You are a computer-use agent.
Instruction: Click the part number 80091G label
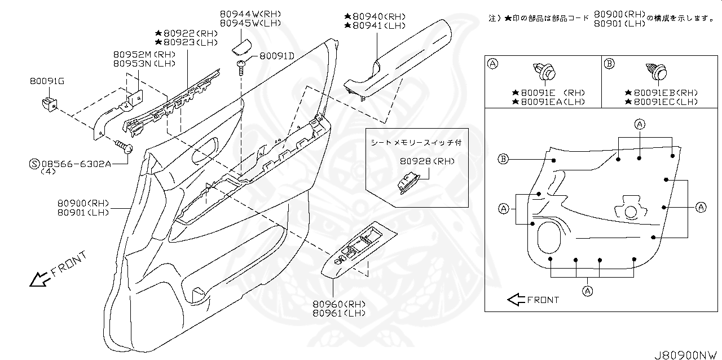47,81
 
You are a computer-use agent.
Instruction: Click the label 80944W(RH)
250,14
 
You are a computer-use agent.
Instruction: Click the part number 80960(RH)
339,304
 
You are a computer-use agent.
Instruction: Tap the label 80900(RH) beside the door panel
82,203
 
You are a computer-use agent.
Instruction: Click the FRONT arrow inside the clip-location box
516,300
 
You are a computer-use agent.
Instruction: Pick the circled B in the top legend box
609,64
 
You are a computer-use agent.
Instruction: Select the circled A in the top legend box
492,64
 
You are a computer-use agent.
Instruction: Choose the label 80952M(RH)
144,54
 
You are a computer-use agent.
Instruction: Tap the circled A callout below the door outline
587,291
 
